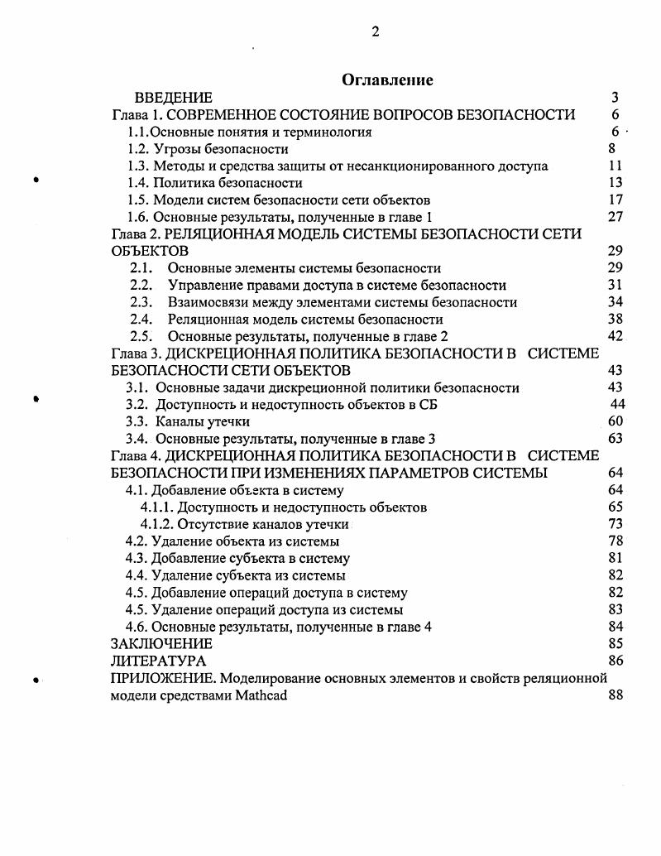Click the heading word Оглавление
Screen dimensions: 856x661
(387, 79)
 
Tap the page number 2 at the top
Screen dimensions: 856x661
(376, 31)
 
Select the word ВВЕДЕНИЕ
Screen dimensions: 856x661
(173, 98)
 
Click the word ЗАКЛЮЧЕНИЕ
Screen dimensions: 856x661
(161, 643)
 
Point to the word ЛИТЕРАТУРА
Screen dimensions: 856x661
(158, 661)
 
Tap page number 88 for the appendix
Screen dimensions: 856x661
(615, 695)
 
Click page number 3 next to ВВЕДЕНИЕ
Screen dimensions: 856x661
(615, 98)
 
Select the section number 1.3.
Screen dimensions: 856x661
(138, 166)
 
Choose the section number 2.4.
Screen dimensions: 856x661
(141, 319)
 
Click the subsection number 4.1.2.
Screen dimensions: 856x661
(157, 524)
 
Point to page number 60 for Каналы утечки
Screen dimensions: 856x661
(615, 421)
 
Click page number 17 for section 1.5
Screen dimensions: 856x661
(615, 200)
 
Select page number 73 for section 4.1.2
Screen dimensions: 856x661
(615, 524)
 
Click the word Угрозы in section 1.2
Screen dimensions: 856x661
(176, 149)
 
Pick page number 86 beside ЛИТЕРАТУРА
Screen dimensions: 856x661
(615, 661)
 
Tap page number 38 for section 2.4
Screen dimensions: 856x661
(615, 319)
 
